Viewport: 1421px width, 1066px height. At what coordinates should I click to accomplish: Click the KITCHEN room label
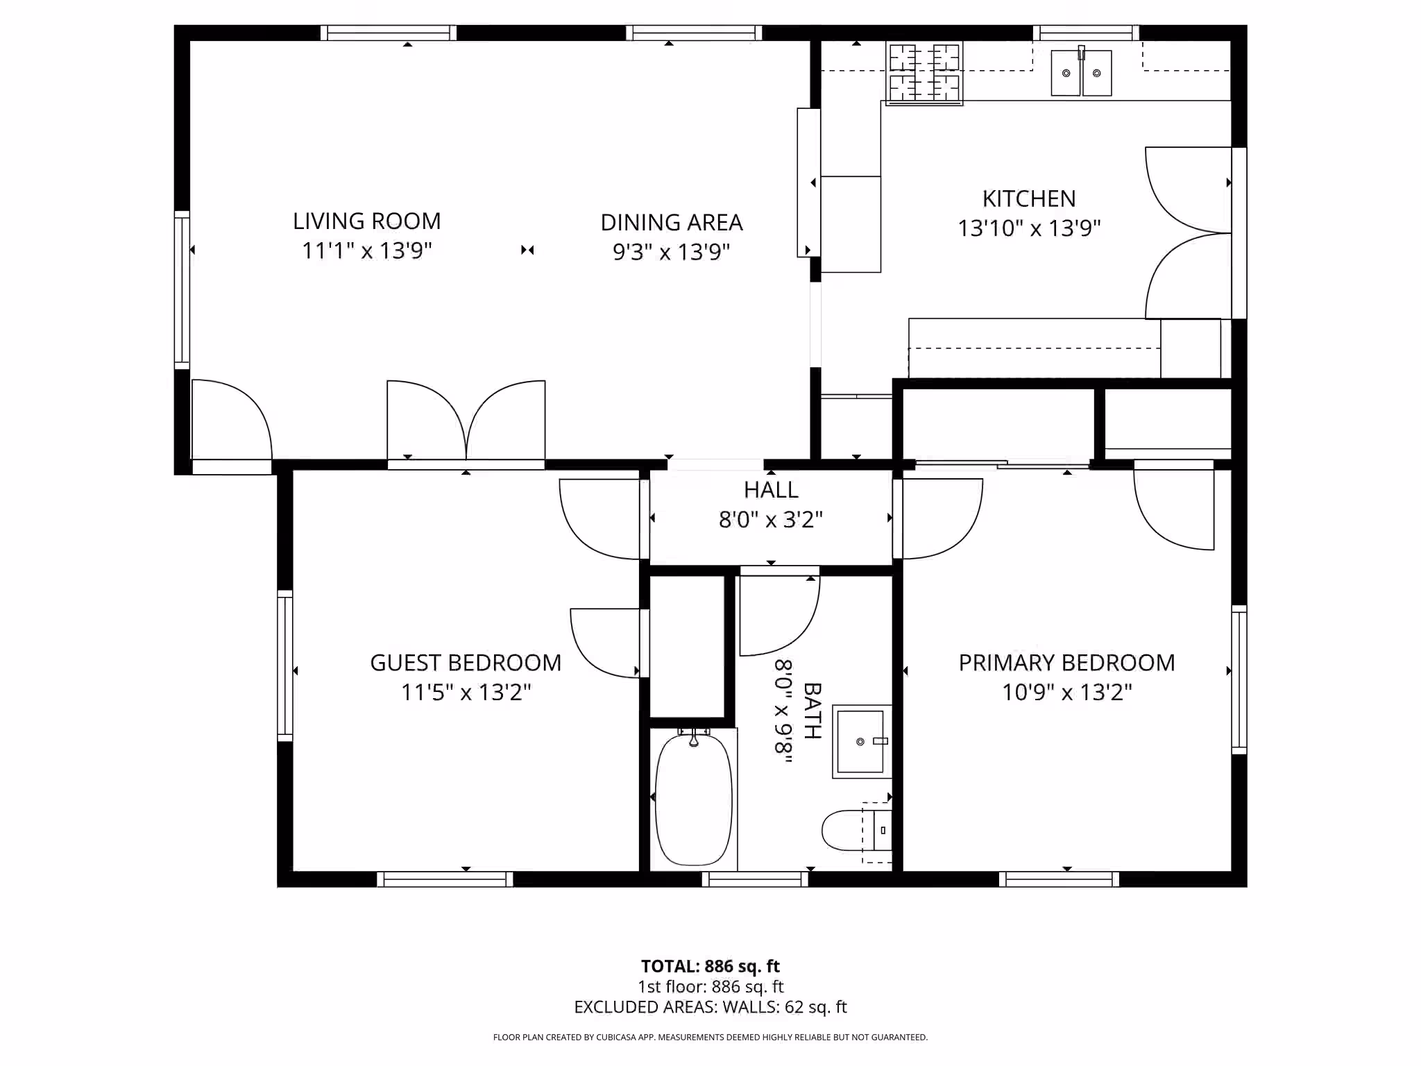pos(1029,199)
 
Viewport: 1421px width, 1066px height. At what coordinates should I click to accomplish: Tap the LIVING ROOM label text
pos(367,221)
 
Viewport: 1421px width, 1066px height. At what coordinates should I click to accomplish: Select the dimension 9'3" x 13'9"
pos(671,252)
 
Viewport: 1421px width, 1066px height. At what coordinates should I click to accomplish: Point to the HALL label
pos(771,490)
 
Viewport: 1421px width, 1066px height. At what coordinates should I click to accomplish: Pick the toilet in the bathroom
pos(856,831)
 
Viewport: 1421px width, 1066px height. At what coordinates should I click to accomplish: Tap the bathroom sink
pos(862,741)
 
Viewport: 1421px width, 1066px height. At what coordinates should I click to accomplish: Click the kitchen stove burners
pos(924,74)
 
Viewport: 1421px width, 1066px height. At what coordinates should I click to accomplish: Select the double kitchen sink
pos(1081,72)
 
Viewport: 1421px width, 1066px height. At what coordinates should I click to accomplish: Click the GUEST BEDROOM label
pos(466,663)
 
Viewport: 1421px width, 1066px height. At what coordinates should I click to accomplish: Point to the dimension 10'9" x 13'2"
pos(1066,693)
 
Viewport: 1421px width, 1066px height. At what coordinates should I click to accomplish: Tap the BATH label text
pos(812,711)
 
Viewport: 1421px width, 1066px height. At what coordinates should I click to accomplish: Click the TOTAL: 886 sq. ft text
pos(710,966)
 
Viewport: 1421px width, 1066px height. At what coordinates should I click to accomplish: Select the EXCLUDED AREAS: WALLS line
pos(710,1007)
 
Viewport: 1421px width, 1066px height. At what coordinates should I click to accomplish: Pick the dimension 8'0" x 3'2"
pos(771,519)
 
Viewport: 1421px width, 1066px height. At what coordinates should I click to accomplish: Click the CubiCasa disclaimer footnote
pos(710,1038)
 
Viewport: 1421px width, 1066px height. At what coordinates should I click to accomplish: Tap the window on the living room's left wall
pos(182,290)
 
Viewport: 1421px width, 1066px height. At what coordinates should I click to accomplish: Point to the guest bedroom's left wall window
pos(284,666)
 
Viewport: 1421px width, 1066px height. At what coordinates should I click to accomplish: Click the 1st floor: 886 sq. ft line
pos(710,986)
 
